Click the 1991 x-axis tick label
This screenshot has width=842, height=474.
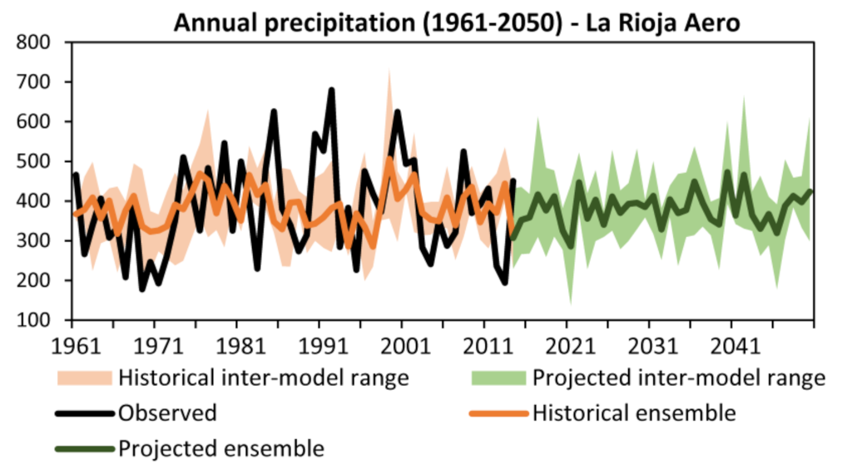(319, 344)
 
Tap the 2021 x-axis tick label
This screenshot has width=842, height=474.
(567, 344)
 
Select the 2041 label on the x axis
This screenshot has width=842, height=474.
(731, 344)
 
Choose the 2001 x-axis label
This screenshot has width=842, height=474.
(402, 344)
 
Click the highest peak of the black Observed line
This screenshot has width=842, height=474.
(331, 90)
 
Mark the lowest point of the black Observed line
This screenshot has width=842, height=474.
(142, 289)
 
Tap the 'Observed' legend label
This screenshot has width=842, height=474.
(167, 413)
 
